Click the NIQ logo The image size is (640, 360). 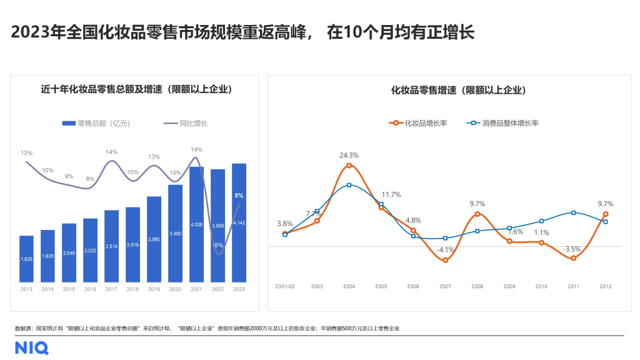point(32,347)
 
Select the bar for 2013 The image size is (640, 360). point(26,259)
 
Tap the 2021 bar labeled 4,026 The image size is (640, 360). point(196,224)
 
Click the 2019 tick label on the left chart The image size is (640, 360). point(154,289)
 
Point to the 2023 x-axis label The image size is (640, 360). point(239,289)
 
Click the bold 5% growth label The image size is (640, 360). point(239,196)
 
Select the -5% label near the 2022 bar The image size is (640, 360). point(217,245)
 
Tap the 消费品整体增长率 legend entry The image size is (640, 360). point(503,123)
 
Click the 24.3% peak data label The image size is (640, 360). point(349,155)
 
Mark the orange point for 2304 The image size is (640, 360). point(349,166)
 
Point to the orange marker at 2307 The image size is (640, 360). point(445,260)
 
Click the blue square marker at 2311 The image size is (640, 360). point(573,213)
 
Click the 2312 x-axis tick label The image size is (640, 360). point(605,286)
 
